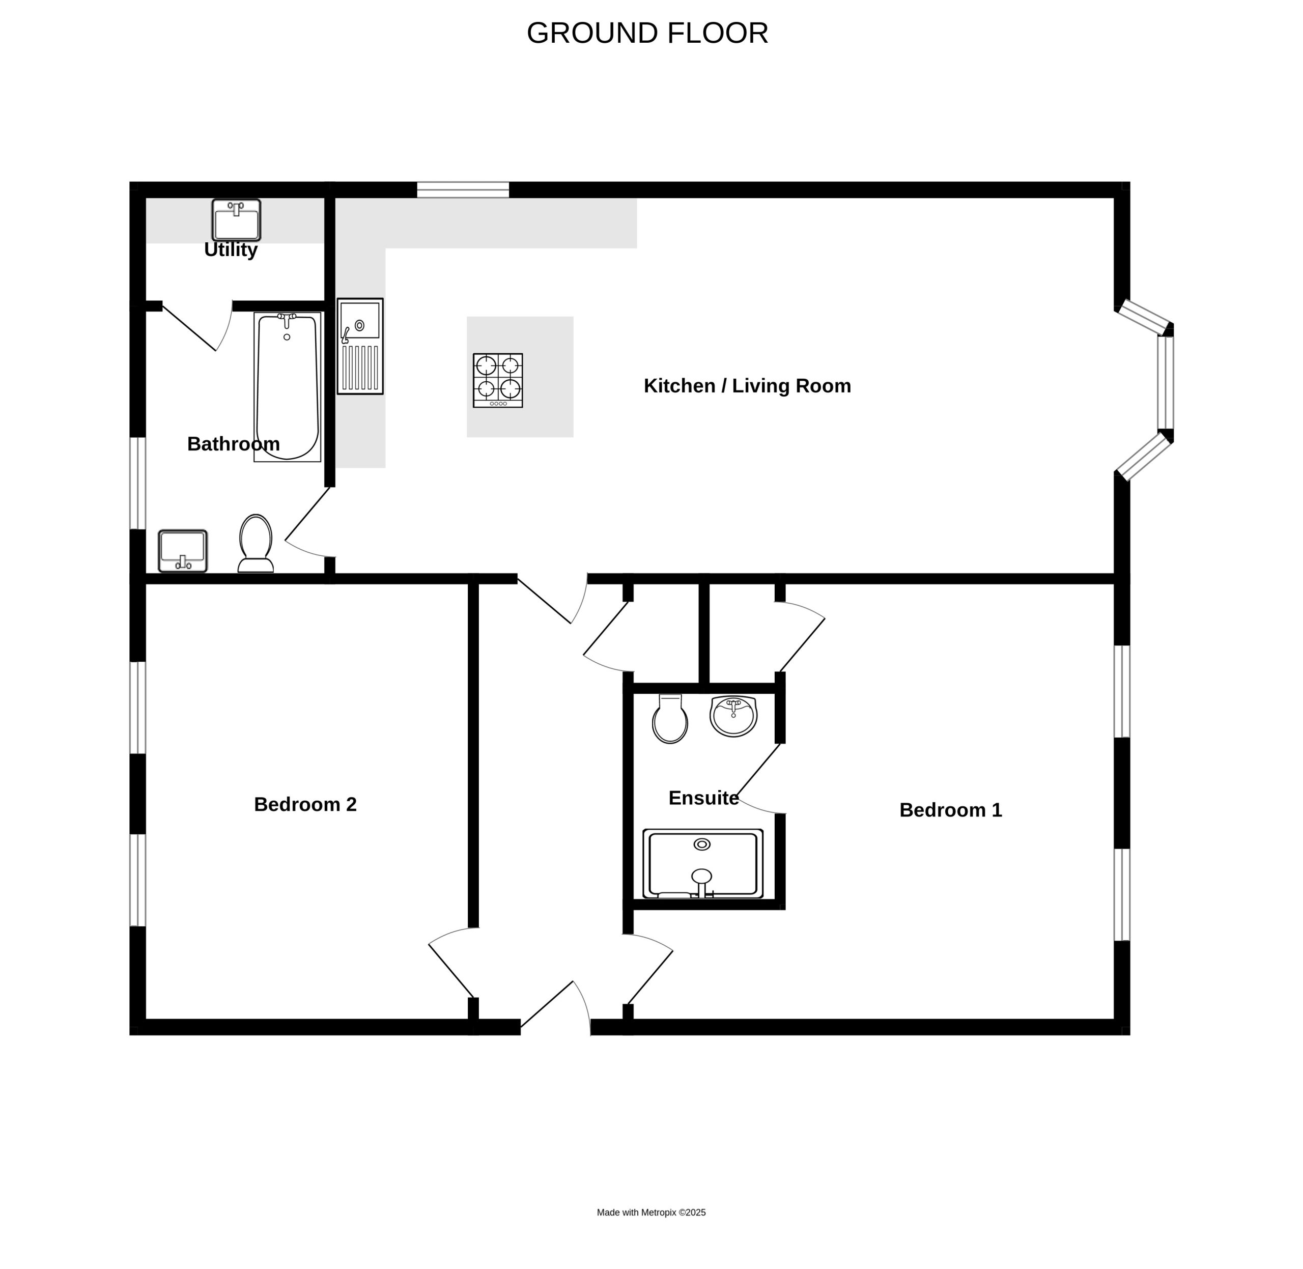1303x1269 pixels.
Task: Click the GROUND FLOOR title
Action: [647, 33]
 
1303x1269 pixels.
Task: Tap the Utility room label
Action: [231, 249]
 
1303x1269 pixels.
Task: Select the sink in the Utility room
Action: [236, 220]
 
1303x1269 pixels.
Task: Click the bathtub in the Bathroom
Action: [287, 386]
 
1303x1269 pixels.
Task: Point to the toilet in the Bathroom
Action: [256, 543]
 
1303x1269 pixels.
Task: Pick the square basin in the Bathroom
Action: [183, 551]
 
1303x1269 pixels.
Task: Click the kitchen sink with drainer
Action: [360, 346]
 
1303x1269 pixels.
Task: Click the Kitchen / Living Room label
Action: [747, 386]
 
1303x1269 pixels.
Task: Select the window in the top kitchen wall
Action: [463, 190]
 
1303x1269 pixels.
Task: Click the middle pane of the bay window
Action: [1165, 382]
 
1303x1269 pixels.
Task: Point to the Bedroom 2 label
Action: [305, 804]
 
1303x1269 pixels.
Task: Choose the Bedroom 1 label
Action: [950, 810]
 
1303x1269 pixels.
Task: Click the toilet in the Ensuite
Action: [670, 718]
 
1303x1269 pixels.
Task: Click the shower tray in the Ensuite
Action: [702, 864]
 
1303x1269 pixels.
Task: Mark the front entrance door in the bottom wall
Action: [555, 1008]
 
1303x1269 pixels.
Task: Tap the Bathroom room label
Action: [233, 444]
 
